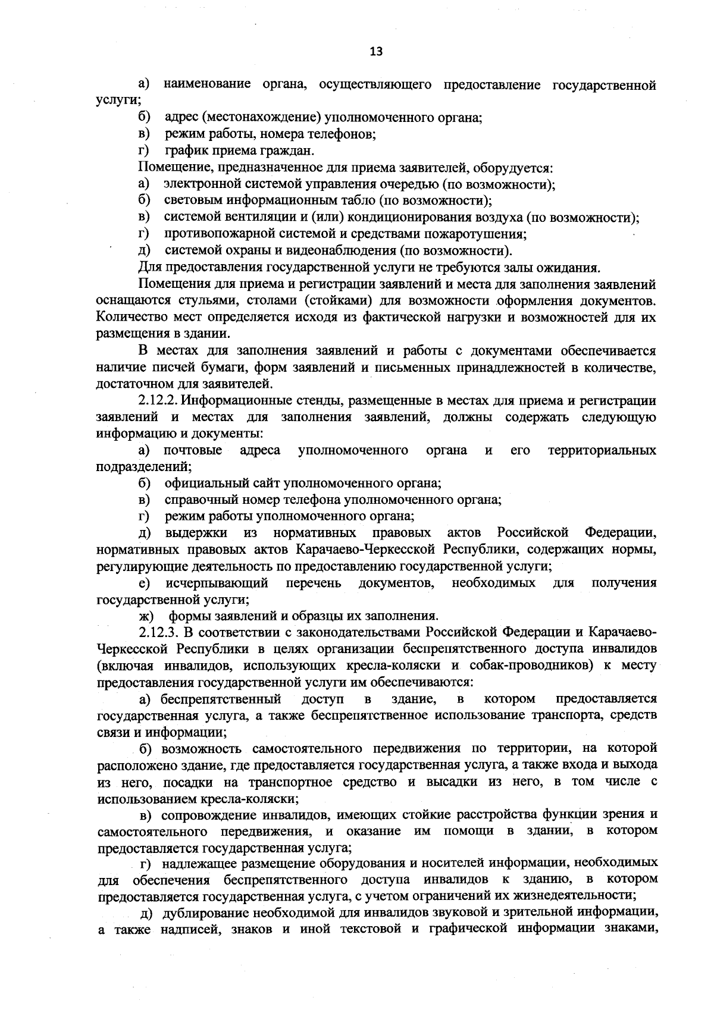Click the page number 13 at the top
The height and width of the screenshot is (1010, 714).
point(376,51)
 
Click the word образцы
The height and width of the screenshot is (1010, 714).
point(319,616)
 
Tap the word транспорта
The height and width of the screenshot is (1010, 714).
point(572,715)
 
